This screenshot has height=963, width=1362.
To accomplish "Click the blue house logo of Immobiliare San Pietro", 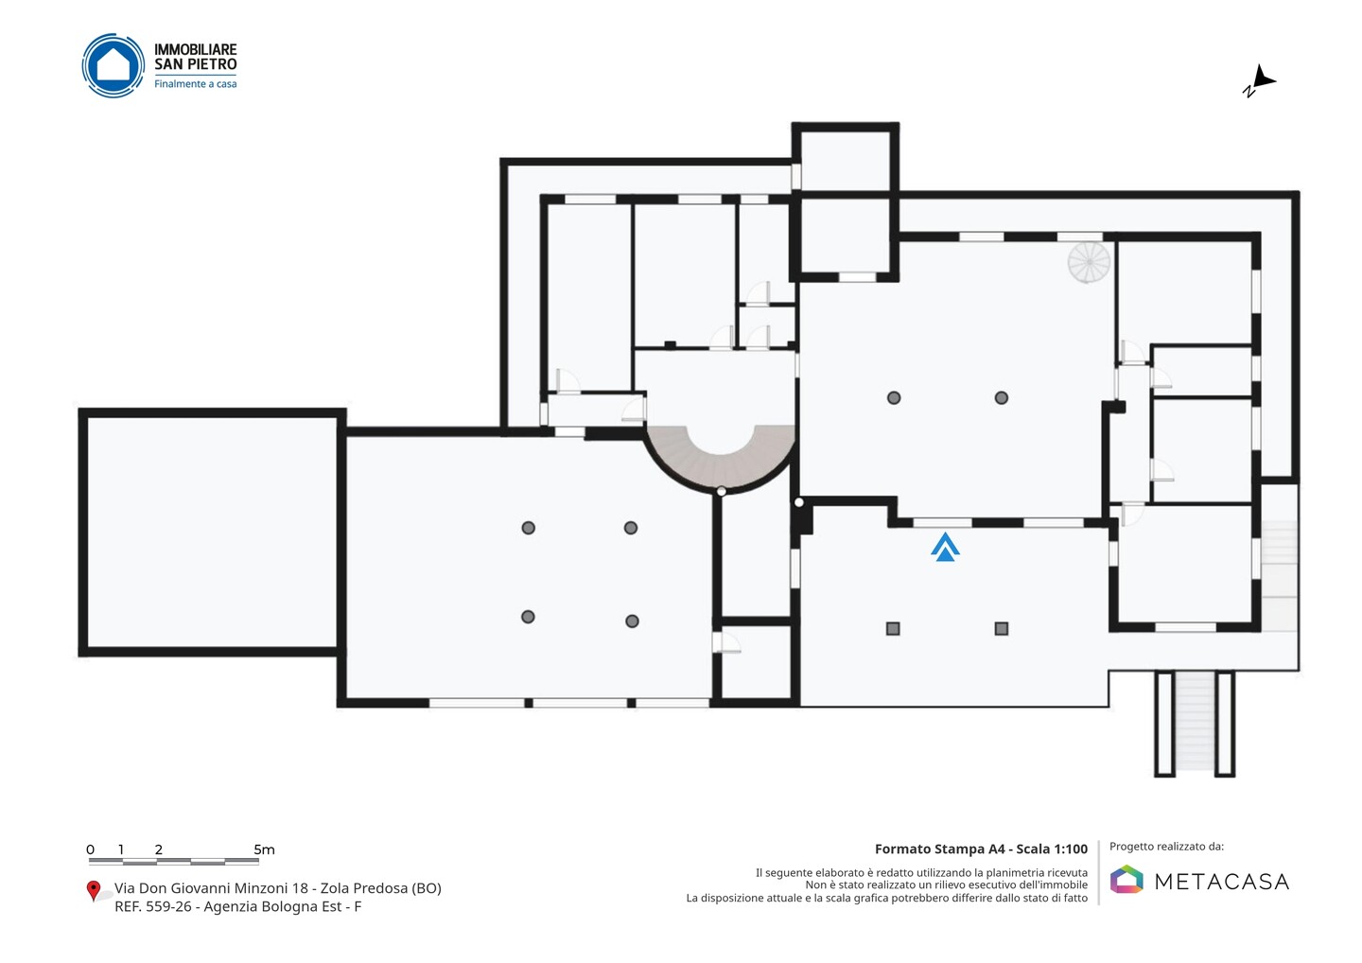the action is tap(113, 65).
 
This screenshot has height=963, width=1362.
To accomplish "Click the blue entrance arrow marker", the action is tap(945, 547).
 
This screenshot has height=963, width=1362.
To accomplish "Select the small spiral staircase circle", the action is tap(1089, 262).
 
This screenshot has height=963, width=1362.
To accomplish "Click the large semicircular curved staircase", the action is tap(721, 471).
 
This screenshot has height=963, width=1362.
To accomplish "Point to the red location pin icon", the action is tap(93, 891).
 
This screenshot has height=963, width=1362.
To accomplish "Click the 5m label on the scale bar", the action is tap(264, 849).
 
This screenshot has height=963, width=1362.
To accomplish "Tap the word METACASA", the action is tap(1222, 882).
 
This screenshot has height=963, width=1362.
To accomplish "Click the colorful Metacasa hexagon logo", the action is tap(1126, 879).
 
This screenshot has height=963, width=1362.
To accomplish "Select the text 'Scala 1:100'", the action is tap(1052, 849).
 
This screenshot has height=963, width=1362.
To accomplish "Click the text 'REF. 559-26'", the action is tap(152, 906).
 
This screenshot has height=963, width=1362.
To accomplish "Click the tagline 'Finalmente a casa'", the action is tap(195, 84).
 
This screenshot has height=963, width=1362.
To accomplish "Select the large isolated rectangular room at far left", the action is tap(212, 533).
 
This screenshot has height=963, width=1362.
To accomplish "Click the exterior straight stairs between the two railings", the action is tap(1195, 721).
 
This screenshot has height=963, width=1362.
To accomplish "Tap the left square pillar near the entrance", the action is tap(893, 629).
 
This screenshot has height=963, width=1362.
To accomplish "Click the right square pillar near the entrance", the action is tap(1002, 629).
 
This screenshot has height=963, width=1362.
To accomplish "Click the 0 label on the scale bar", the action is tap(91, 849).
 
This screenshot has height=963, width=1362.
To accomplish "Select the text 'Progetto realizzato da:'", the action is tap(1166, 847).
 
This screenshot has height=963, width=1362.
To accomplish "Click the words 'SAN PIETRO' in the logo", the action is tap(195, 63).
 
